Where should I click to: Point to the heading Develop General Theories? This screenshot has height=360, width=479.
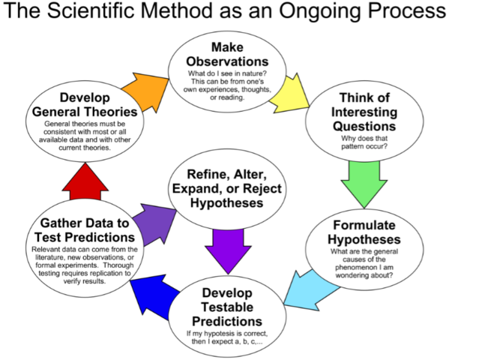coord(83,104)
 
